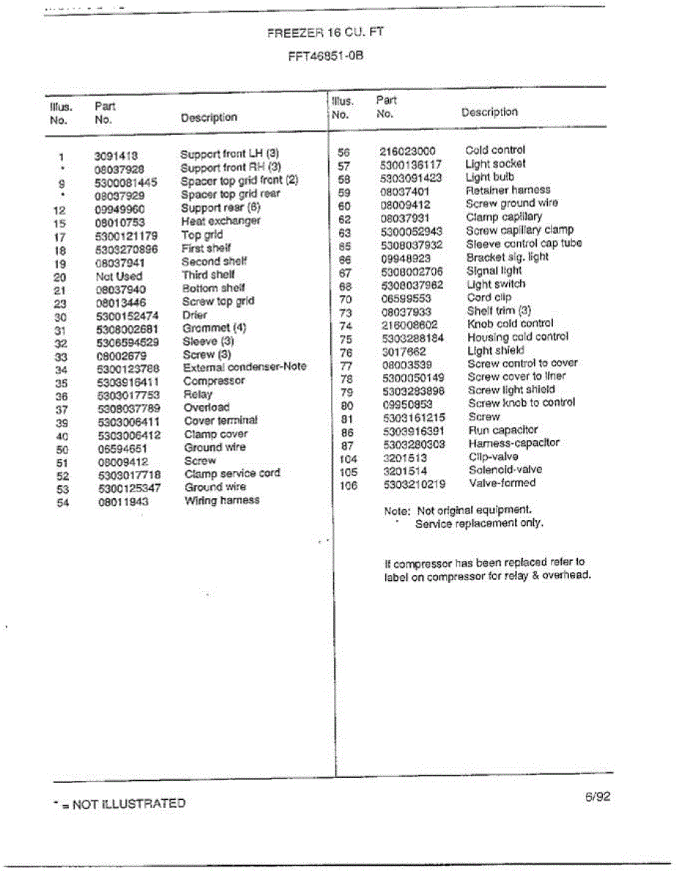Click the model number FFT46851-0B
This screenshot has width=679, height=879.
(x=327, y=55)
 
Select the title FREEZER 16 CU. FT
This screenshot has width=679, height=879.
(x=326, y=32)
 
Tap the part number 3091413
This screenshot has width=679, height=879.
(x=116, y=155)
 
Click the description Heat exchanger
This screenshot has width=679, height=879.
(x=220, y=221)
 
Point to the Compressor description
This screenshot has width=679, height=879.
(x=214, y=381)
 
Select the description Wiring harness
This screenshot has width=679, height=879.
(x=222, y=500)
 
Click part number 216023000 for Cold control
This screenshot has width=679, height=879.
(x=408, y=151)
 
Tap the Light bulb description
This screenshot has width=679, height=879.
(x=490, y=177)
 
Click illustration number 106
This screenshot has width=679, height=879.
(x=348, y=485)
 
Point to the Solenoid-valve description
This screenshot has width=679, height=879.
(x=505, y=470)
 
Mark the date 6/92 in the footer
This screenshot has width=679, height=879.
(x=597, y=797)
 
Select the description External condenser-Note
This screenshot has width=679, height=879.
(x=245, y=367)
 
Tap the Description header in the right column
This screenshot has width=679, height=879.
(x=489, y=112)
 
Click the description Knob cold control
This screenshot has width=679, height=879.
(x=511, y=324)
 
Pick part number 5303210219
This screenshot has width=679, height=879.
(x=414, y=484)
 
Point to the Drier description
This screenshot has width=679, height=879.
(x=195, y=315)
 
